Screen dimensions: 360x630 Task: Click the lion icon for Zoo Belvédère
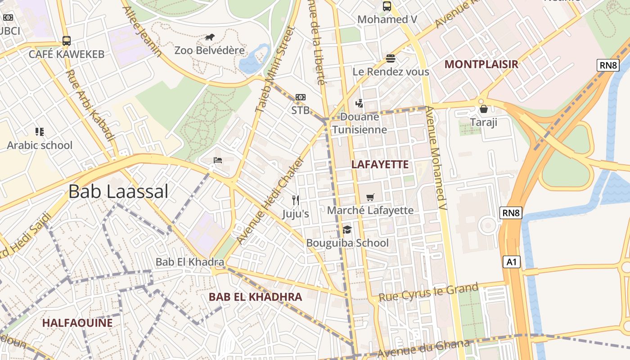pos(210,37)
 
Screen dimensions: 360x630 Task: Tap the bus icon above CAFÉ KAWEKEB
pos(67,41)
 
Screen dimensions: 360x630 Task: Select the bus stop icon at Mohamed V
pos(387,6)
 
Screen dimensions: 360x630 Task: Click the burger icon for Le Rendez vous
pos(390,58)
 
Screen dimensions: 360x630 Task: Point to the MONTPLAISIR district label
pos(481,64)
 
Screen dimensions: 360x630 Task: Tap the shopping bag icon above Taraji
pos(484,109)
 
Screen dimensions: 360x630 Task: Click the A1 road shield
pos(511,262)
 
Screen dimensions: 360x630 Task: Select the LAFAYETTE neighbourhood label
pos(380,165)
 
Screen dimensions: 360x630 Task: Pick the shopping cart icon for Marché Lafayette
pos(370,197)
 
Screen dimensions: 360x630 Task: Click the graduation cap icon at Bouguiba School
pos(347,230)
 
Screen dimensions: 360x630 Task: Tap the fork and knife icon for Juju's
pos(296,200)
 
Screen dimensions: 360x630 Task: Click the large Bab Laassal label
pos(118,192)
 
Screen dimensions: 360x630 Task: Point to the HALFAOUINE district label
pos(77,323)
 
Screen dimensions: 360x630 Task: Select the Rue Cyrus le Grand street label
pos(428,292)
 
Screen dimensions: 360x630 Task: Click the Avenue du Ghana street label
pos(423,348)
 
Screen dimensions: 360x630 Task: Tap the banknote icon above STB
pos(300,97)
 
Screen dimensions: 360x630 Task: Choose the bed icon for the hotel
pos(218,160)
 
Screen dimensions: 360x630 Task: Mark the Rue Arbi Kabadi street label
pos(90,104)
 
